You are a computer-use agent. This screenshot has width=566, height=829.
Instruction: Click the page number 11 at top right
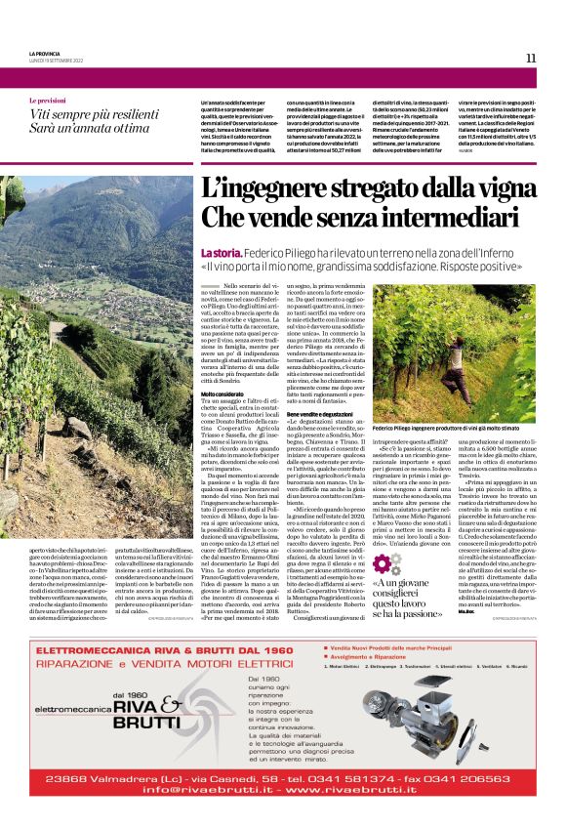531,58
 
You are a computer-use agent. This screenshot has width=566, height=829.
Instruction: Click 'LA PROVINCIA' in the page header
45,53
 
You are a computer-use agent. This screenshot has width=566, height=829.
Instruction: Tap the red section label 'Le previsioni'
48,102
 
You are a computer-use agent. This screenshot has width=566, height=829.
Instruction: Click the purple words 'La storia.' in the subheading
220,253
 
